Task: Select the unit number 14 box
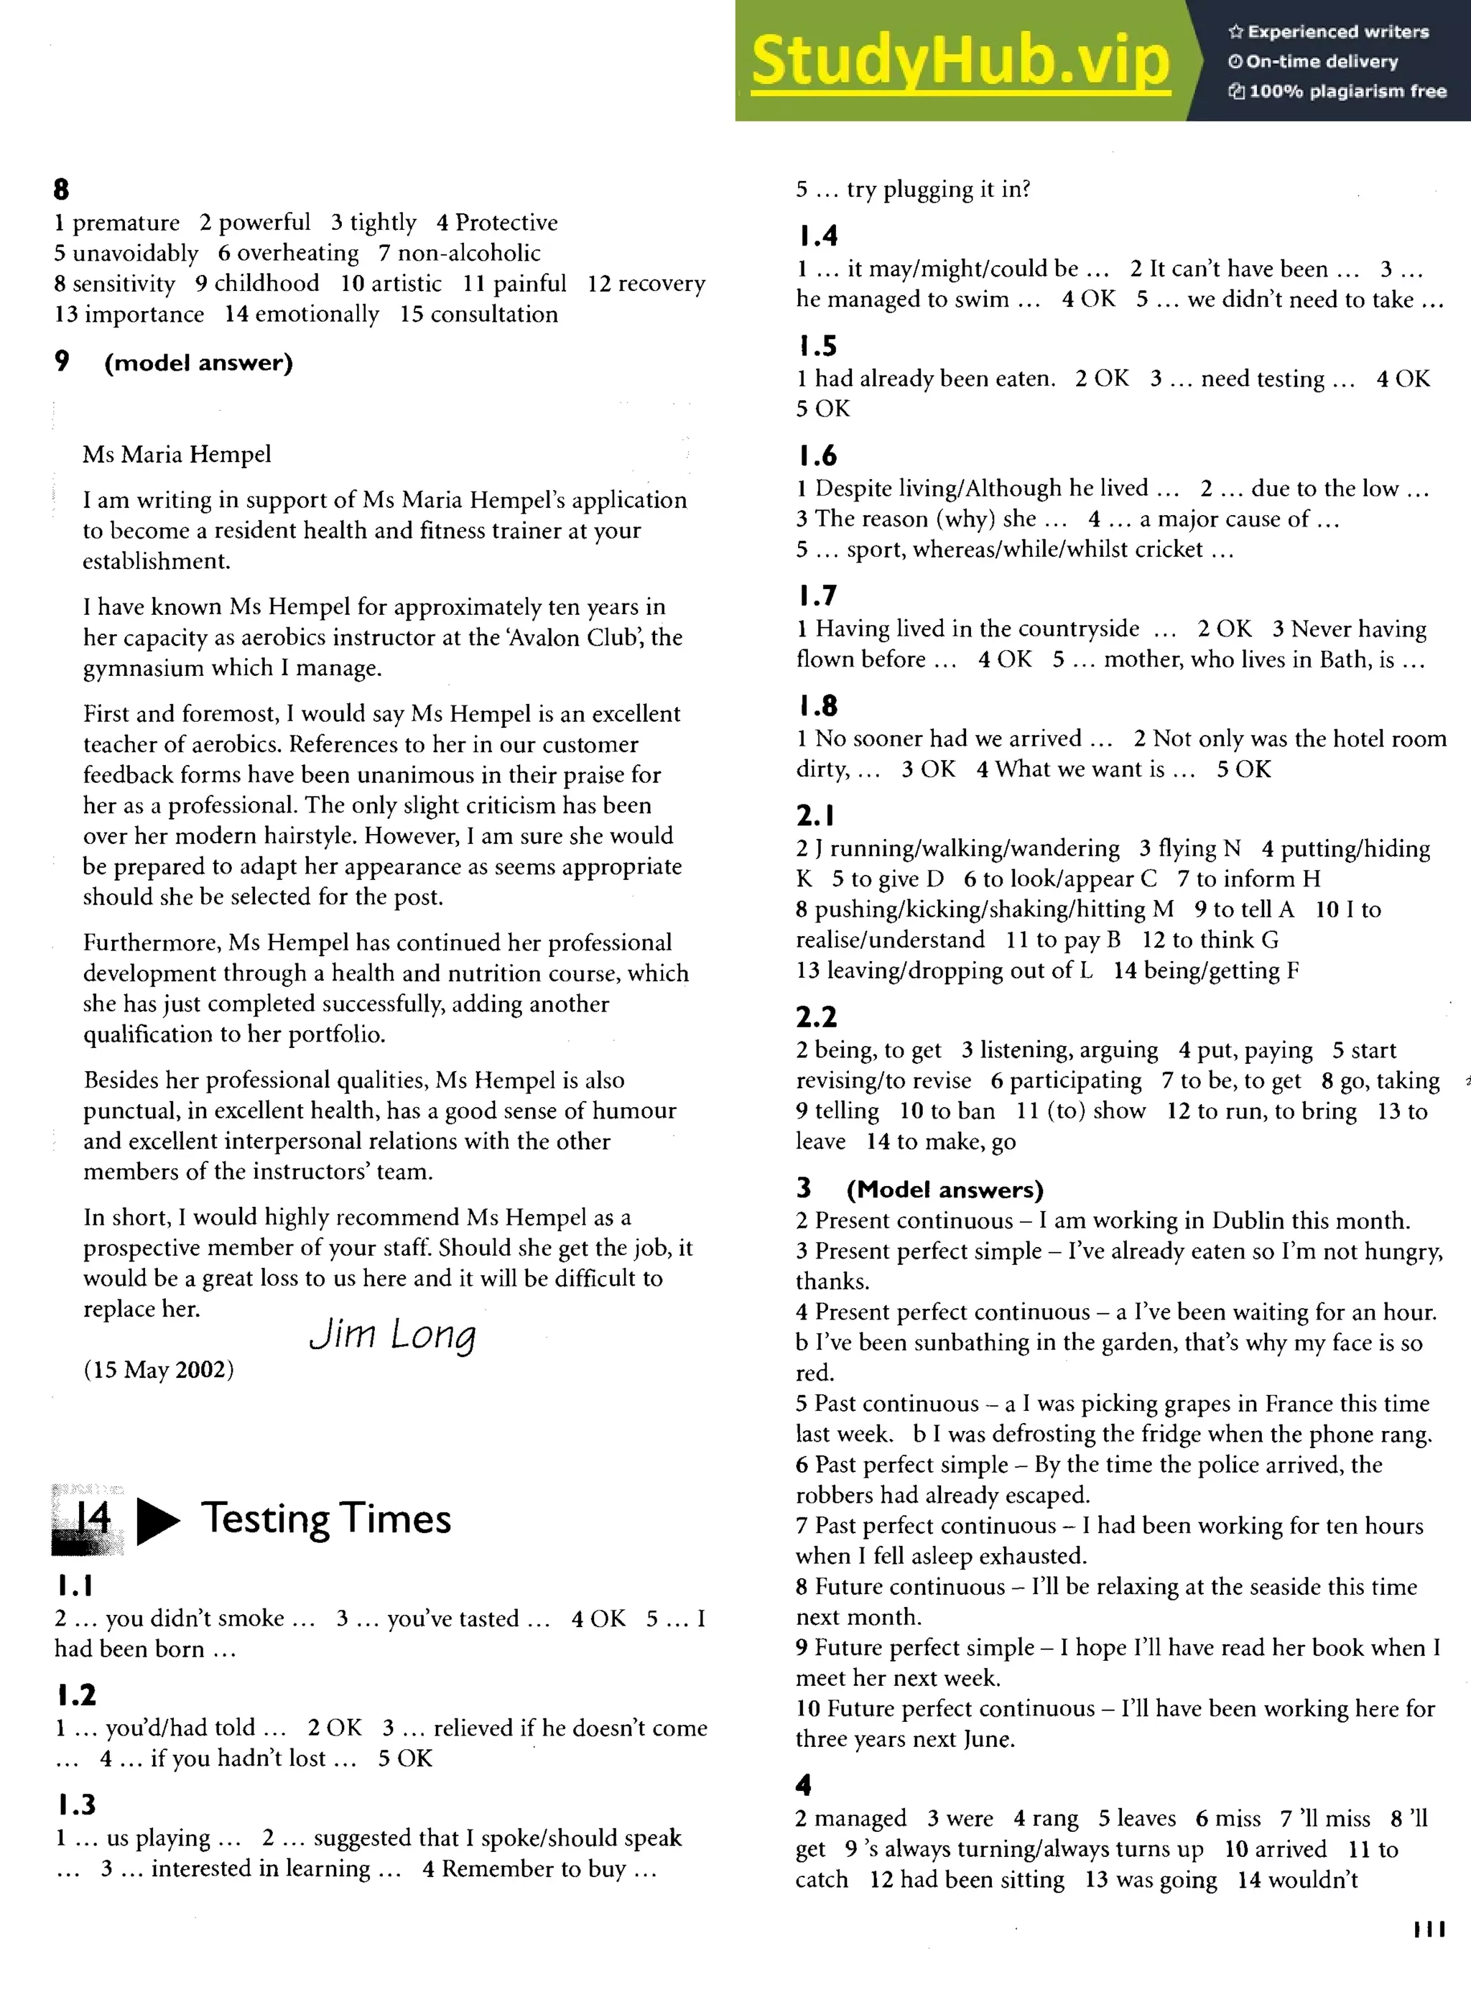(87, 1519)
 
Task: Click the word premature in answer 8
(126, 223)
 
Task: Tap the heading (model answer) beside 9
(198, 363)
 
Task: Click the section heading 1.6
(817, 456)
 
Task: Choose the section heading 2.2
(816, 1017)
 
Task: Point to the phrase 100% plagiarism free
(1347, 91)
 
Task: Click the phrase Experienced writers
(1337, 32)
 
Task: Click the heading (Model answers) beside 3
(944, 1190)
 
